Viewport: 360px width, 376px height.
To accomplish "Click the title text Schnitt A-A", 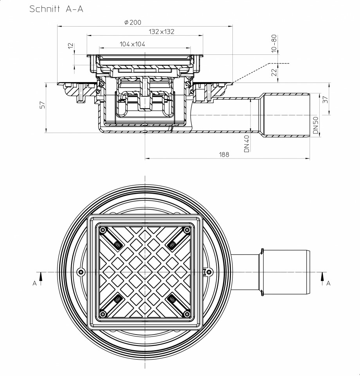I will coord(56,9).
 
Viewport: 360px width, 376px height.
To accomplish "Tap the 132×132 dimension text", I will coord(161,32).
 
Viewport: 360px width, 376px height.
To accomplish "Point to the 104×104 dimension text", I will coord(132,44).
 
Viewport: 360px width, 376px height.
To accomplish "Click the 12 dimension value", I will coord(70,46).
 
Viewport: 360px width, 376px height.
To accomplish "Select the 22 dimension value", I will coord(274,72).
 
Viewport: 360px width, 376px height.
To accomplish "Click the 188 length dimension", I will coord(224,155).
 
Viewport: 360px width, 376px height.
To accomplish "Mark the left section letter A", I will coord(35,283).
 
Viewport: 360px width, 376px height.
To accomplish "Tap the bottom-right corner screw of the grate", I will coord(187,313).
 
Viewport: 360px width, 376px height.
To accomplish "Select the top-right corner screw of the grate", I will coord(187,230).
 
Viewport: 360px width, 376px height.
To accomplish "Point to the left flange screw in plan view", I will coord(81,272).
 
